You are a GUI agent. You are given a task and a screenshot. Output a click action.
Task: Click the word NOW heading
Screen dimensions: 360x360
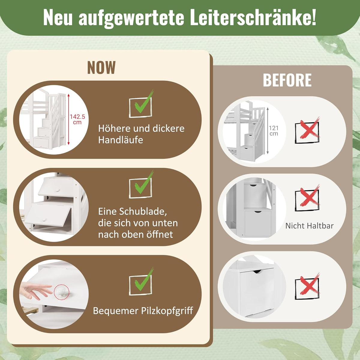tap(101, 67)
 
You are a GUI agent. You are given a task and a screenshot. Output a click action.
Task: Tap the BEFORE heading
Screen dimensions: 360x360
tap(287, 80)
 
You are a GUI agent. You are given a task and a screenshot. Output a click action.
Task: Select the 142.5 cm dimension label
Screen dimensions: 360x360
tap(77, 119)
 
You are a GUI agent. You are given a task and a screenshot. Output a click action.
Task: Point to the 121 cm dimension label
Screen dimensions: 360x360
tap(274, 130)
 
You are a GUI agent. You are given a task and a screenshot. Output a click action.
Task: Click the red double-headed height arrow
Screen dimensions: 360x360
tap(69, 119)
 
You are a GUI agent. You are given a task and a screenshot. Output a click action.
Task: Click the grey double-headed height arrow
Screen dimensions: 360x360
tap(268, 130)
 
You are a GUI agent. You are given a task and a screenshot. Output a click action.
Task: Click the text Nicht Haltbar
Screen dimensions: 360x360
tap(309, 226)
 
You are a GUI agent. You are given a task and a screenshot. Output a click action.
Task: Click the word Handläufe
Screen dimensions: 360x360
tap(121, 140)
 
